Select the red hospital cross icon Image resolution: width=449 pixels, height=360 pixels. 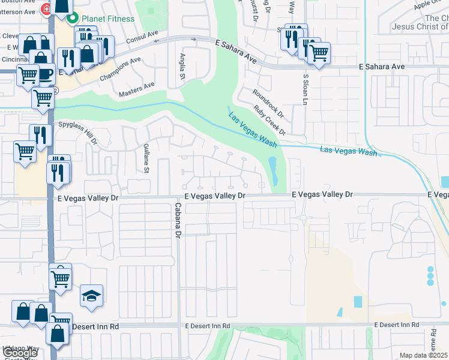pos(45,10)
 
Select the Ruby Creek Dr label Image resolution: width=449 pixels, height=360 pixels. pos(270,119)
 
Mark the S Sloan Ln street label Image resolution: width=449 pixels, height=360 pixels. pos(305,89)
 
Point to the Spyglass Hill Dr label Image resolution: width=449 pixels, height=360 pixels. pos(77,131)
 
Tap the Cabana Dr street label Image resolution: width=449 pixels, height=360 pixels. pos(178,221)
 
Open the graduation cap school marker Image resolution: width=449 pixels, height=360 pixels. pos(91,296)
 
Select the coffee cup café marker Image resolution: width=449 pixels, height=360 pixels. pos(46,74)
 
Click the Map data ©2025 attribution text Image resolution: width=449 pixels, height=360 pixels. pos(424,355)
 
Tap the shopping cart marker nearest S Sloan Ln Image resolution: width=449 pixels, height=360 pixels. pos(319,53)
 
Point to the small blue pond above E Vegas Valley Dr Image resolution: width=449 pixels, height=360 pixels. pos(274,170)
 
